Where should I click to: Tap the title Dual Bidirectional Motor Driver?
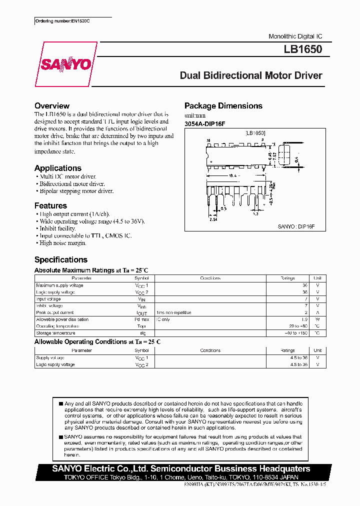(x=251, y=76)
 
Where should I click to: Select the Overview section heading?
(x=52, y=106)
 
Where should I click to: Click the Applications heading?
(x=58, y=168)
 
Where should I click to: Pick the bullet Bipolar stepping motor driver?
(x=75, y=191)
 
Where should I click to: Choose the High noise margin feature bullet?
(x=61, y=243)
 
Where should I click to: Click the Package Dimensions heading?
(x=223, y=106)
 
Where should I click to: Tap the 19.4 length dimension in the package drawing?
(x=233, y=175)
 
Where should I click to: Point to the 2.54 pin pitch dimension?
(x=213, y=219)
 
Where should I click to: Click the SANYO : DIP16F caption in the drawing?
(x=295, y=226)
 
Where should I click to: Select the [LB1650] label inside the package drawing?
(x=254, y=133)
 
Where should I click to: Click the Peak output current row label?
(x=55, y=312)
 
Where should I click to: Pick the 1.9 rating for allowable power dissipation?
(x=304, y=319)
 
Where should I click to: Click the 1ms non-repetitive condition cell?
(x=173, y=312)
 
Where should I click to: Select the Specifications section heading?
(x=61, y=259)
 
